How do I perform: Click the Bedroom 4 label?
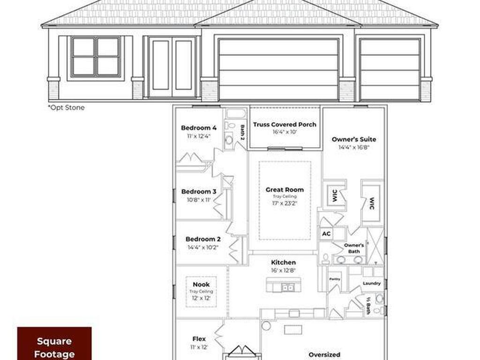199,128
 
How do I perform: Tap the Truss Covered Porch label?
285,125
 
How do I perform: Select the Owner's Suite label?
354,139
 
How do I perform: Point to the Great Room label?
285,190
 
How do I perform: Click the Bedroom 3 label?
199,192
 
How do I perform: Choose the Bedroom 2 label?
203,239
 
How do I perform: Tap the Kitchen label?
283,262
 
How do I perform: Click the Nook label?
201,285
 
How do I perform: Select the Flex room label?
199,339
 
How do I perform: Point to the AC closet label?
326,233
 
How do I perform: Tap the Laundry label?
372,284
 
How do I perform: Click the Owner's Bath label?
354,248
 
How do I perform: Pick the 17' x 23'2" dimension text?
285,203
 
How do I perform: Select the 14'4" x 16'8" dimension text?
354,147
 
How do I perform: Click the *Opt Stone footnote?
66,108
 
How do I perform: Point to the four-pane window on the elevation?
96,56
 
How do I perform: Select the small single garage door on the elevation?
390,69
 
